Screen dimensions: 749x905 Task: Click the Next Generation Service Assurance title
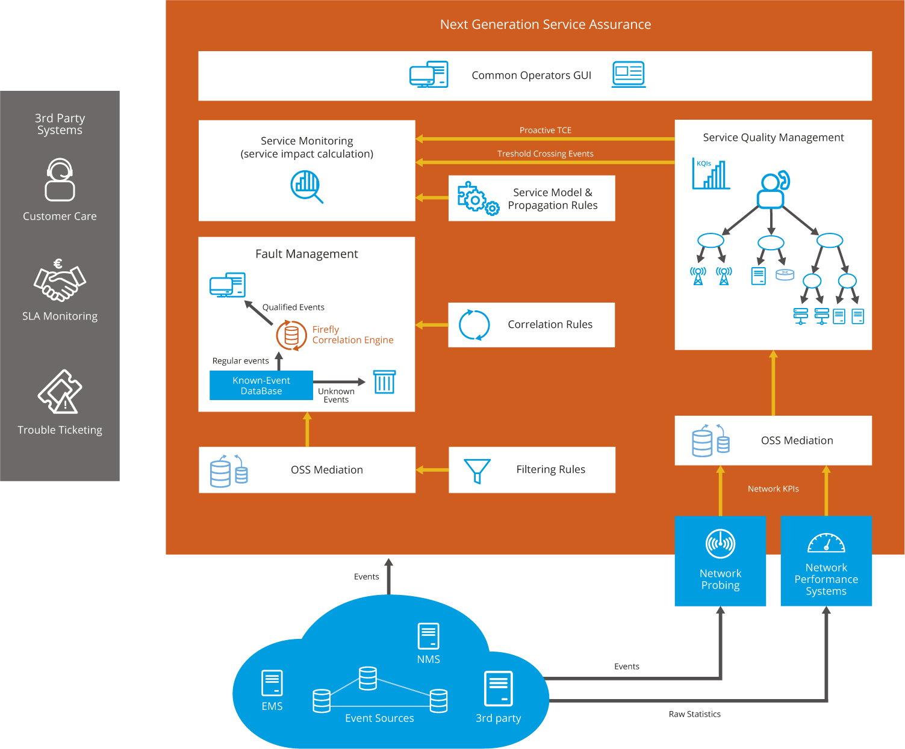545,25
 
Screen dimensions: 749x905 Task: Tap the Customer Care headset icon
60,180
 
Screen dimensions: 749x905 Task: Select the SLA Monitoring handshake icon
60,282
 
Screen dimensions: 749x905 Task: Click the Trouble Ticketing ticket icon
60,392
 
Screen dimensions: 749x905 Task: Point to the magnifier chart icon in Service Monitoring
306,186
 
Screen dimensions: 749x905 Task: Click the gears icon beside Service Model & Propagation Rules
477,198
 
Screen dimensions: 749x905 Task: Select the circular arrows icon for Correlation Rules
474,325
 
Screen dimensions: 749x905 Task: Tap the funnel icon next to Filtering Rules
477,470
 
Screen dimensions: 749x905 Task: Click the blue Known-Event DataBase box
261,386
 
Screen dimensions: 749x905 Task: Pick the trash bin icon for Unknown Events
384,381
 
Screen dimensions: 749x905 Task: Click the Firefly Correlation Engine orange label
352,334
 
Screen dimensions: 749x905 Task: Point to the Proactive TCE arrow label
545,130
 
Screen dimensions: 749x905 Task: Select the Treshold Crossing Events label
545,153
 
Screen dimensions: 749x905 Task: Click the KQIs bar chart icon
711,174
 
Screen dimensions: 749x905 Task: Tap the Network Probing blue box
720,561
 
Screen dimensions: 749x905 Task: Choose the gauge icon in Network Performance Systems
826,543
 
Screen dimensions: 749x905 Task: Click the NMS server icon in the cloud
428,636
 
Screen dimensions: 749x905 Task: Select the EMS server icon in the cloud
272,683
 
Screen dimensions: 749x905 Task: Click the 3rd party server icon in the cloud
499,688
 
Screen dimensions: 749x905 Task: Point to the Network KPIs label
773,489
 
